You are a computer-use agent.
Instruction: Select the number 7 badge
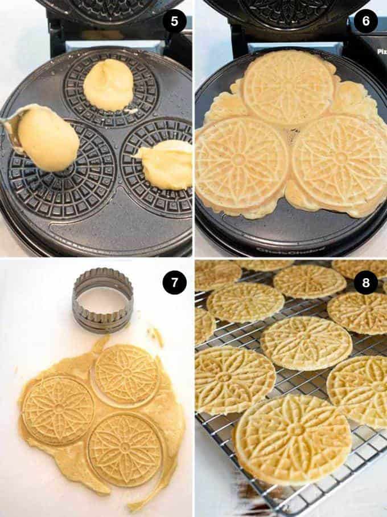pos(174,283)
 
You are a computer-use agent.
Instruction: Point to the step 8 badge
pos(365,283)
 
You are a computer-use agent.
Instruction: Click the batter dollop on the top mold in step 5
pos(108,84)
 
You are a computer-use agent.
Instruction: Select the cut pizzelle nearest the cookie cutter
pos(126,374)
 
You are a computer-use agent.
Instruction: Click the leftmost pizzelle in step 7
pos(57,410)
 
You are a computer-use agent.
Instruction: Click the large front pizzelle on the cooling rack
pos(293,438)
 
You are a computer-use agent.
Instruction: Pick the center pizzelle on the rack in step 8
pos(306,343)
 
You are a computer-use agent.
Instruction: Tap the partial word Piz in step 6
pos(381,51)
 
